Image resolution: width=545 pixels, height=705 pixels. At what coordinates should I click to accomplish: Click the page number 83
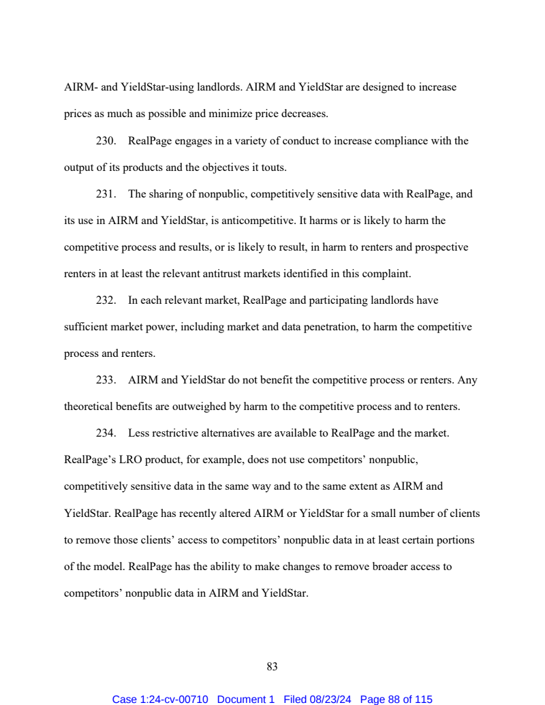tap(272, 666)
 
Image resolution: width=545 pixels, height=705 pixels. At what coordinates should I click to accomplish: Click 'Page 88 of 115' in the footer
tap(396, 700)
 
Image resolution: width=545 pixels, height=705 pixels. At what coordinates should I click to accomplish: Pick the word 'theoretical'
tap(89, 407)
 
